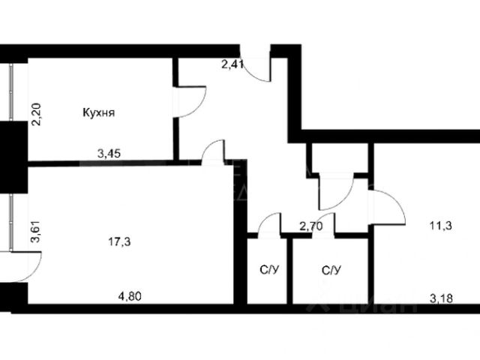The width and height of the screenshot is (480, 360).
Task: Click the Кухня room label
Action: [98, 114]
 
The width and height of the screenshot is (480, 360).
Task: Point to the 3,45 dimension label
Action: [109, 154]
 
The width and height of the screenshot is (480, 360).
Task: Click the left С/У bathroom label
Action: [266, 270]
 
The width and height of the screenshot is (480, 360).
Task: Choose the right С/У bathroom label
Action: [331, 270]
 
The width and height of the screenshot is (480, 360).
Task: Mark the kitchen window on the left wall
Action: [11, 91]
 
